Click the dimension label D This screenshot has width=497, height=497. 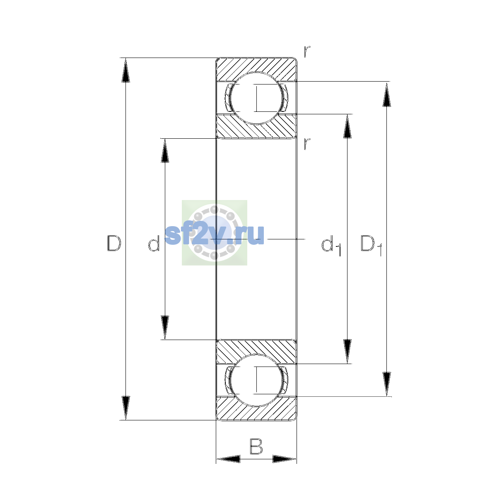coord(114,243)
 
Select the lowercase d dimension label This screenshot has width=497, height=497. coord(154,243)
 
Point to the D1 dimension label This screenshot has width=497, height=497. coord(371,245)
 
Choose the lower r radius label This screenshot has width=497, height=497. coord(307,144)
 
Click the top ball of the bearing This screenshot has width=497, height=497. coord(256,98)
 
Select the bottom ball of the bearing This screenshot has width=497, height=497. coord(256,380)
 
